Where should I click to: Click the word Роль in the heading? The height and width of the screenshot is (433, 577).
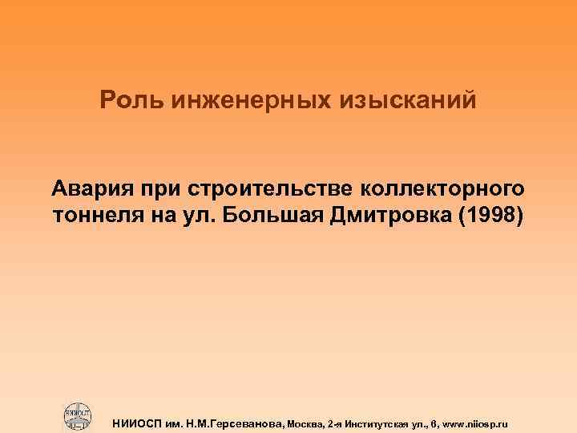pyautogui.click(x=126, y=100)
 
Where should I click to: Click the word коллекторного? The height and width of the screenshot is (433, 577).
pyautogui.click(x=446, y=190)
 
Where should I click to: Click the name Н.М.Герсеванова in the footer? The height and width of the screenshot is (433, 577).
pyautogui.click(x=238, y=421)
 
